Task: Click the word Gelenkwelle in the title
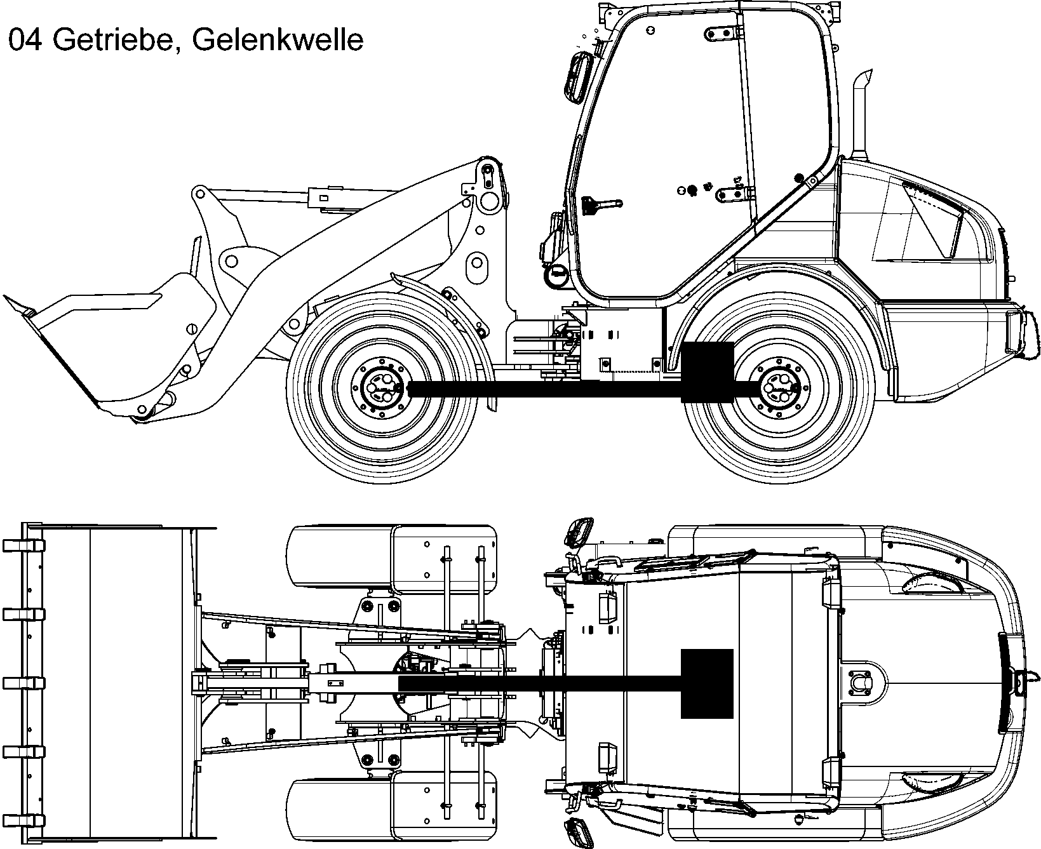[277, 40]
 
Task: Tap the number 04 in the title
[26, 40]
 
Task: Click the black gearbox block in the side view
[707, 371]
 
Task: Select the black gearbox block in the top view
[707, 683]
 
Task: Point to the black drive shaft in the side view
[540, 389]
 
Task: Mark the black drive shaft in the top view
[540, 683]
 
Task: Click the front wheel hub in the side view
[381, 389]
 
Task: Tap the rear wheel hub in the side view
[778, 389]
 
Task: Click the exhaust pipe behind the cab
[861, 117]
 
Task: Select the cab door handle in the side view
[600, 205]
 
